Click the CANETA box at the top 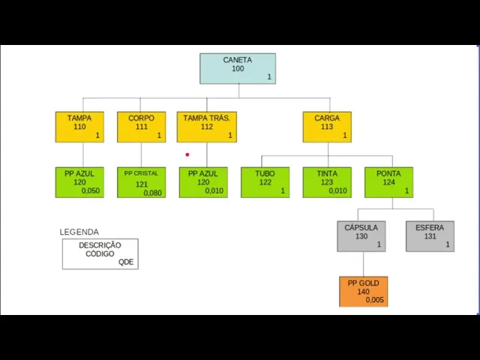(x=237, y=68)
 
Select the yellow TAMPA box (x=79, y=127)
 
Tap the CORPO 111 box (x=141, y=127)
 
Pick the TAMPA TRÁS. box (x=206, y=127)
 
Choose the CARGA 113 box (x=327, y=127)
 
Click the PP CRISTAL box (x=141, y=182)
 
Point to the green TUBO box (x=265, y=182)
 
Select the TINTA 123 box (x=327, y=182)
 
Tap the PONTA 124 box (x=388, y=182)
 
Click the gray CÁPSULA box (x=361, y=236)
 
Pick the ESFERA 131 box (x=430, y=236)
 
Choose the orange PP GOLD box (x=364, y=292)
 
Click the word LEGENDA (x=79, y=232)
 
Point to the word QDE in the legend (x=126, y=262)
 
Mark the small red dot (x=187, y=155)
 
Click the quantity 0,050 (x=91, y=191)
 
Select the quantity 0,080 (x=152, y=193)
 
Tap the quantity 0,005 (x=375, y=300)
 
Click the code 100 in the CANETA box (x=238, y=69)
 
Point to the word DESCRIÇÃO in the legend (x=100, y=245)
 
